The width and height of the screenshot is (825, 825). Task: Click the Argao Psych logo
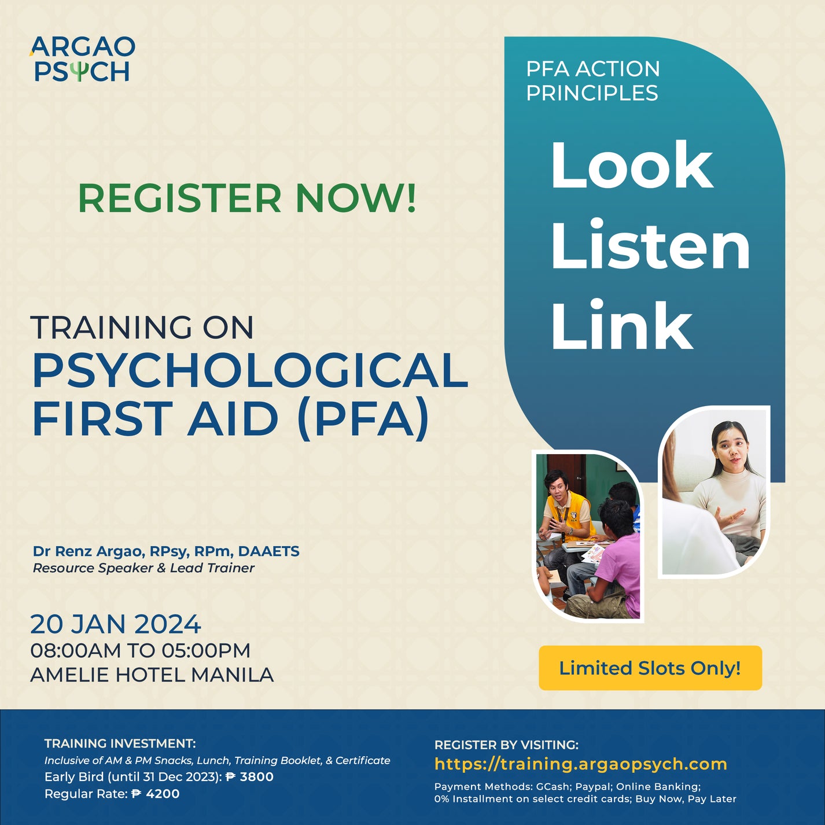(x=82, y=59)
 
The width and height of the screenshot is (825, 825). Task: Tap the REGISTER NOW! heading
(x=247, y=198)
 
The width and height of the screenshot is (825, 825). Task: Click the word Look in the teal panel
(x=631, y=165)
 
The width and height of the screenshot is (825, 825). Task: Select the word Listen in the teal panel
(x=650, y=246)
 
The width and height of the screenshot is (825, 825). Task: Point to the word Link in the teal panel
(x=621, y=325)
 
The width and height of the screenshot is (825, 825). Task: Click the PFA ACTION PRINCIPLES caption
(x=592, y=80)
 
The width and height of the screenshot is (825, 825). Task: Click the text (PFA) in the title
(x=363, y=418)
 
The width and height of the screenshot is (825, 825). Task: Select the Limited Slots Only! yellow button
(x=650, y=668)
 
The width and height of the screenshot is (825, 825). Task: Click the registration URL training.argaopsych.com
(x=580, y=764)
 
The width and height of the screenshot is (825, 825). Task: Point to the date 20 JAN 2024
(x=115, y=624)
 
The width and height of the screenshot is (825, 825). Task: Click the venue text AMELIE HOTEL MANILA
(x=152, y=675)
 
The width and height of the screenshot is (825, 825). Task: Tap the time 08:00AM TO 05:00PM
(x=140, y=650)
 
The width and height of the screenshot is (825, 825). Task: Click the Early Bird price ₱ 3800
(x=249, y=777)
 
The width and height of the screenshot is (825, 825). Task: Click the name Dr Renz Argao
(x=88, y=551)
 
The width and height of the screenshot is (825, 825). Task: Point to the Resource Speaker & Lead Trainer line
(x=143, y=568)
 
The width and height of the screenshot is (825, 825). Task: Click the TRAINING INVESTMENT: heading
(x=120, y=743)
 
